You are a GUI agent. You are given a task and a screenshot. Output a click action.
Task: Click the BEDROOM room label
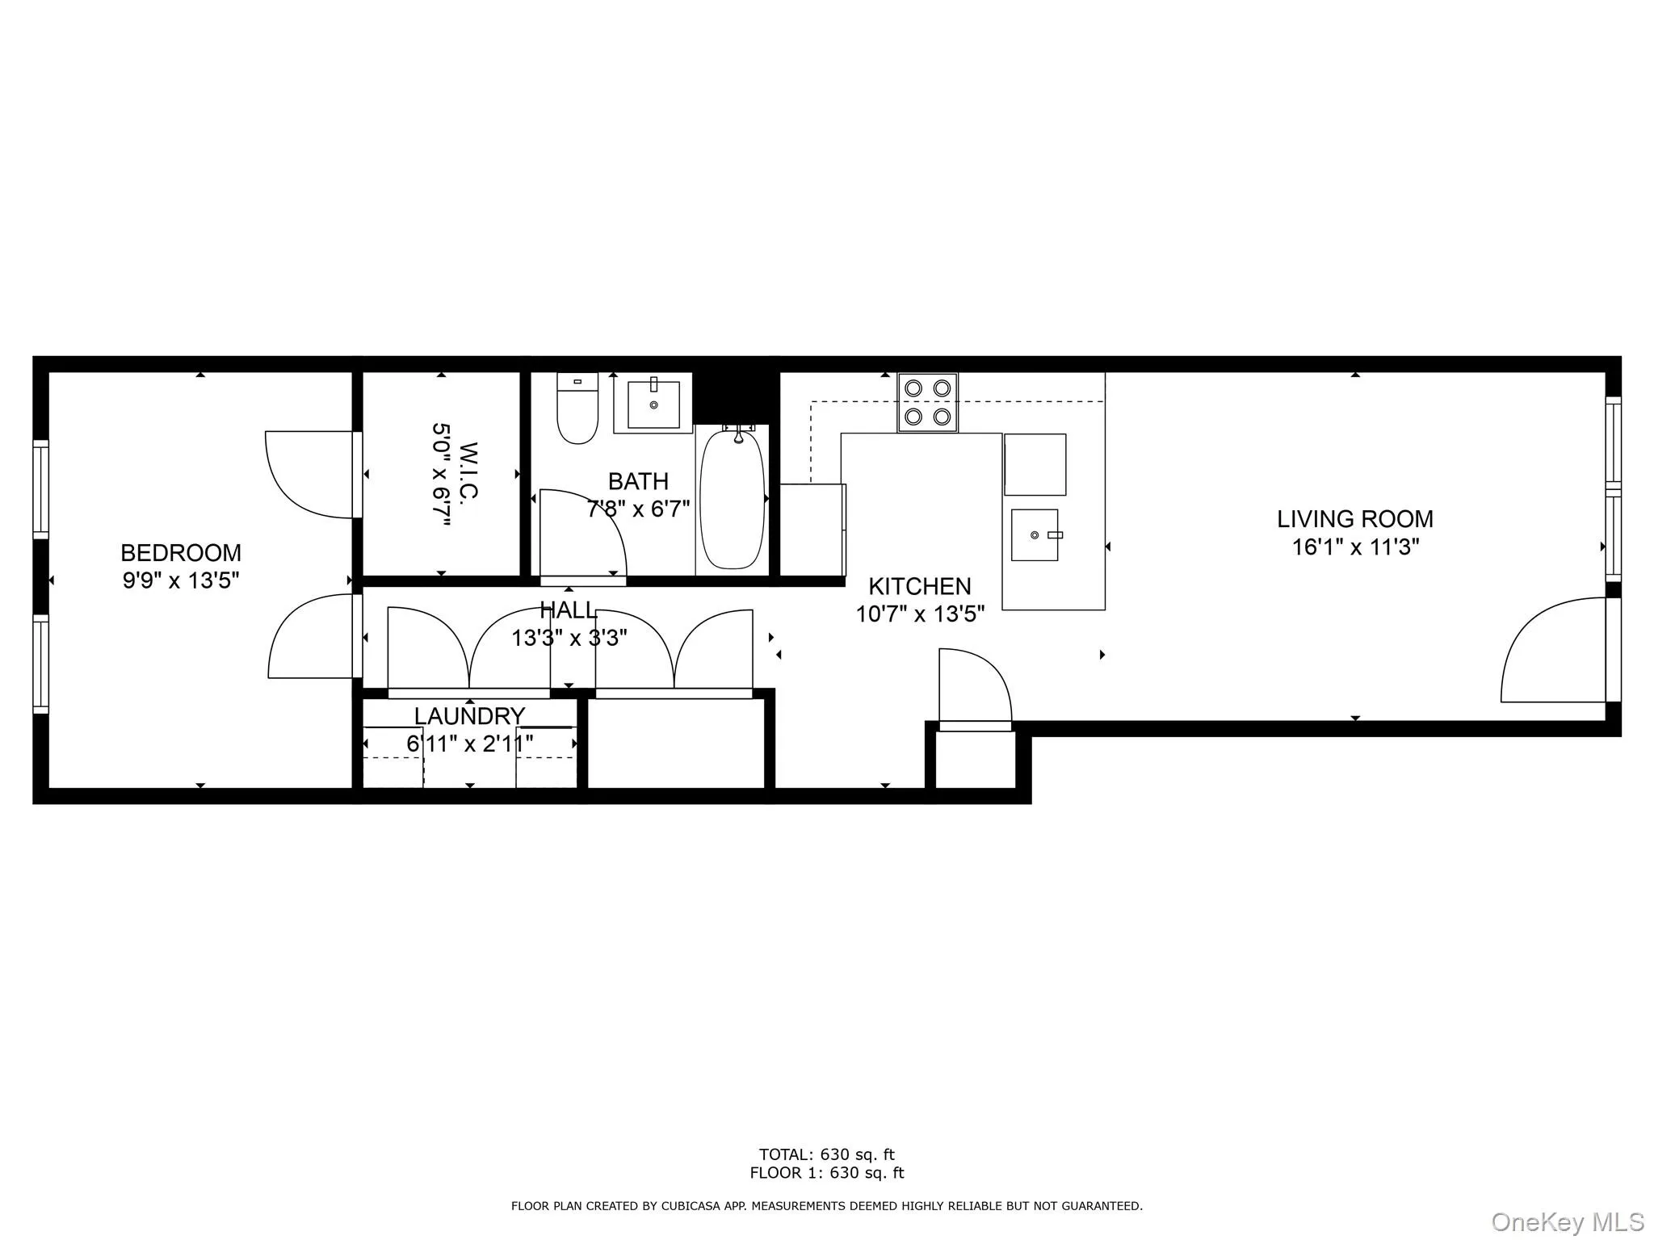click(181, 553)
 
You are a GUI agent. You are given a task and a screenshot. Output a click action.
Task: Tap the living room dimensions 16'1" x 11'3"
click(1355, 547)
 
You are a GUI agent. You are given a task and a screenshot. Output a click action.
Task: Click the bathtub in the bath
click(732, 499)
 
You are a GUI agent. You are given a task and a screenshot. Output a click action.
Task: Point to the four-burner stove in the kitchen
click(927, 402)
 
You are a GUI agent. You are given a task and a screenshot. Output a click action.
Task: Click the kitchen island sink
click(1035, 534)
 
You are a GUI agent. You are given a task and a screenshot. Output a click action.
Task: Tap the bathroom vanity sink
click(653, 404)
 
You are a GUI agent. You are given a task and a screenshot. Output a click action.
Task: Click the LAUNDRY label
click(469, 716)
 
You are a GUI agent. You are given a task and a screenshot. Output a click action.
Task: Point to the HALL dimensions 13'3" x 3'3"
click(569, 638)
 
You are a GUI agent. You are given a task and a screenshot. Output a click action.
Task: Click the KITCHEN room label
click(919, 586)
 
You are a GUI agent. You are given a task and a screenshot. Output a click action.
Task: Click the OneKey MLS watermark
click(1568, 1221)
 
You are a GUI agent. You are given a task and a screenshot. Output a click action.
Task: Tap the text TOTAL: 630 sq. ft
click(826, 1154)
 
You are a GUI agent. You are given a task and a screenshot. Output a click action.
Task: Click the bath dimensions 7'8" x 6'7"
click(638, 509)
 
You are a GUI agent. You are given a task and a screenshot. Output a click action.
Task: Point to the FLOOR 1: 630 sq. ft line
click(826, 1173)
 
